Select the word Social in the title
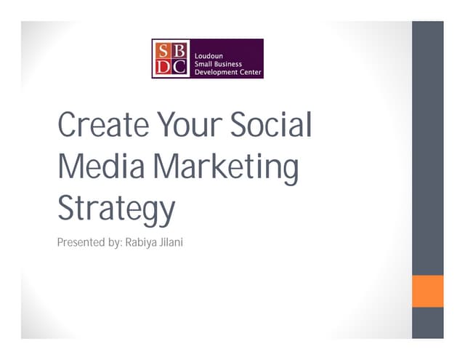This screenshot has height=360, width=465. point(271,126)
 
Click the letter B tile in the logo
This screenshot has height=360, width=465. point(179,49)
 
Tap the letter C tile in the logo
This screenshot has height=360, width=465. point(179,68)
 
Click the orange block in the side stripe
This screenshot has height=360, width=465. point(427,291)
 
